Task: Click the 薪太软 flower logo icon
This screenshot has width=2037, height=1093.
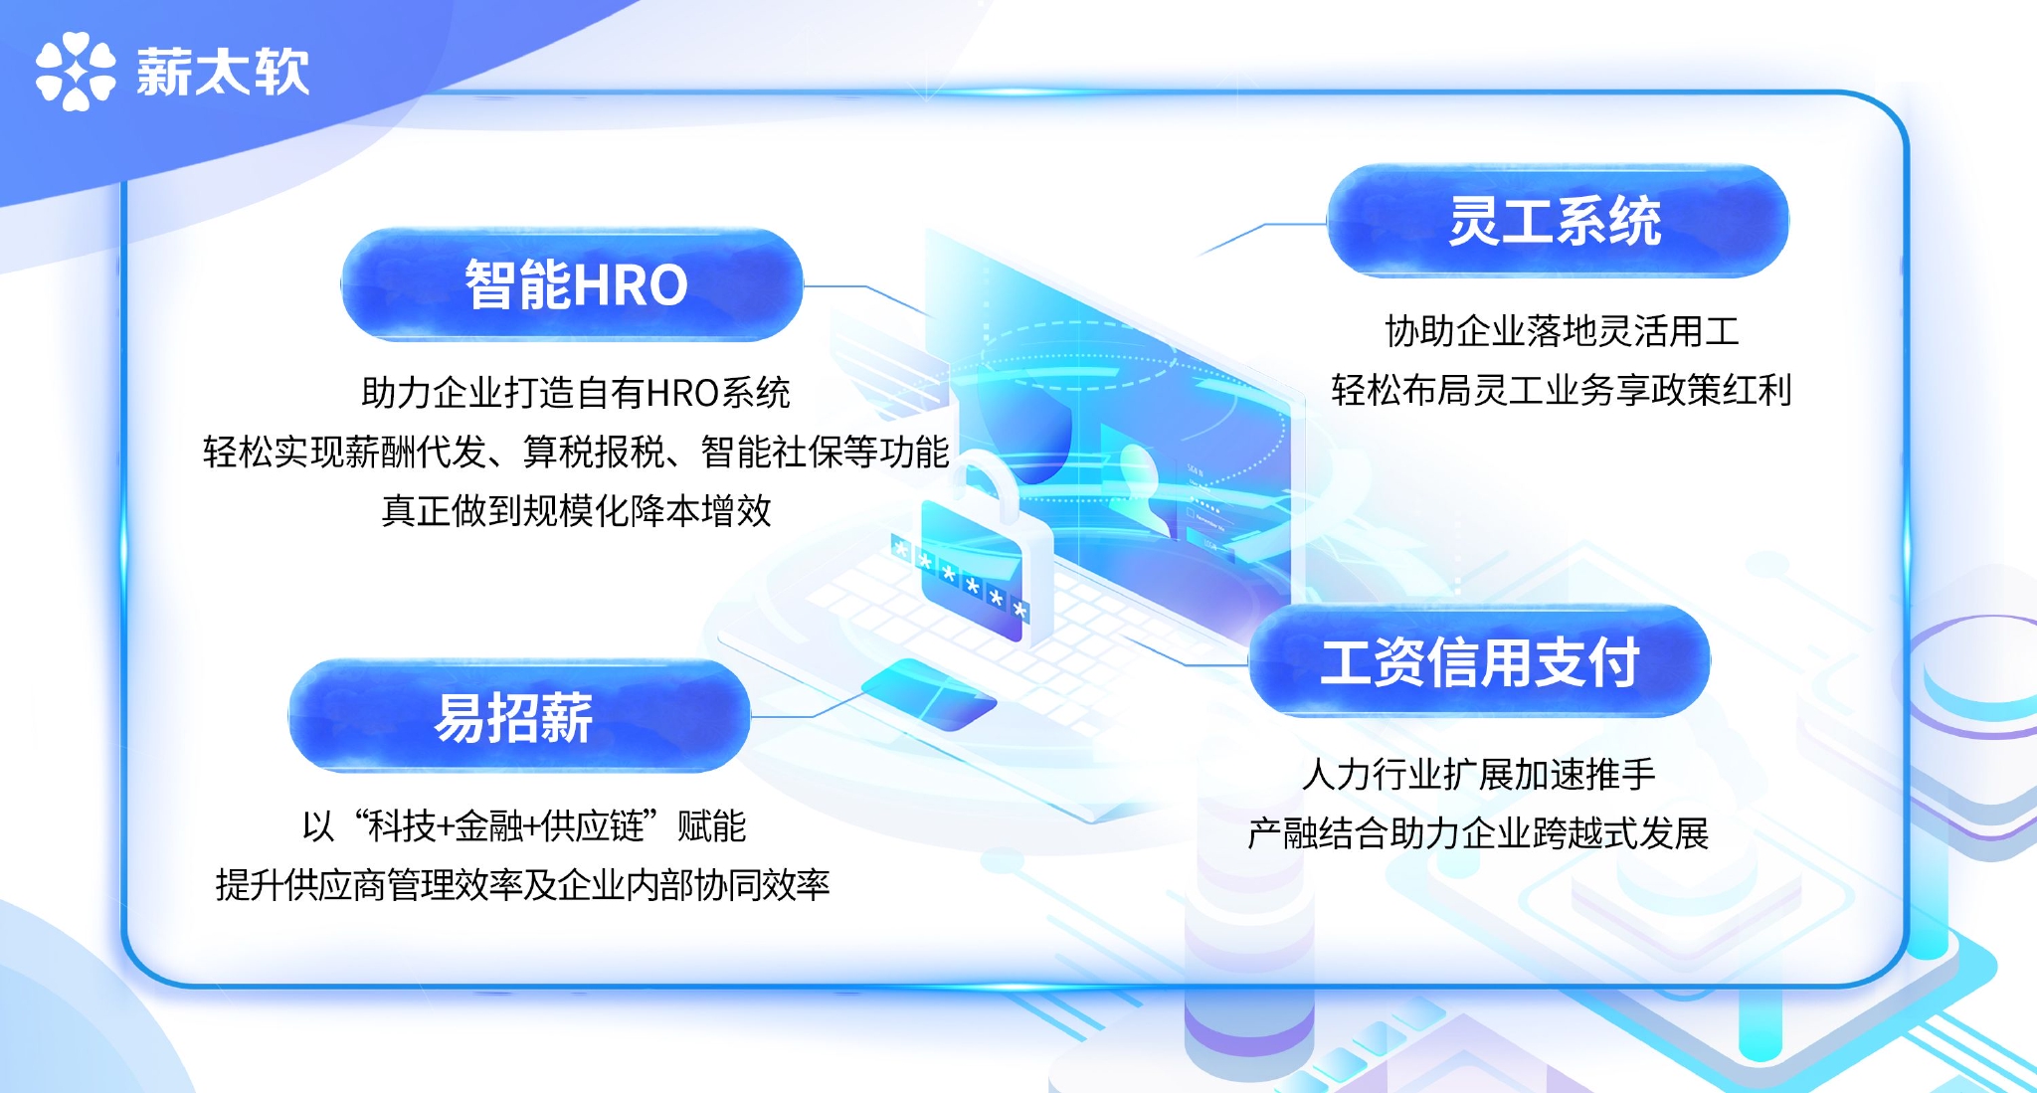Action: coord(76,72)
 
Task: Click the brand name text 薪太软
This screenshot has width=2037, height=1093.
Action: coord(223,72)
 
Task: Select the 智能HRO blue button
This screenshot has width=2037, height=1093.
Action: coord(572,284)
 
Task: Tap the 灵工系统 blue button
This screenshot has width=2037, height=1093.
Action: coord(1558,221)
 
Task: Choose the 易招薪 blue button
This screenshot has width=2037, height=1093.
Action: coord(519,716)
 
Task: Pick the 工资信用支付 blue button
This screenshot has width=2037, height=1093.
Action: coord(1479,661)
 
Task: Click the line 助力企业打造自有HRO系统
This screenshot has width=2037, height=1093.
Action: coord(576,393)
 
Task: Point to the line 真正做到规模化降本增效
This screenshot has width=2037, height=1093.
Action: coord(577,510)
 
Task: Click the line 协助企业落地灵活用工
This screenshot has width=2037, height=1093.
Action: coord(1562,331)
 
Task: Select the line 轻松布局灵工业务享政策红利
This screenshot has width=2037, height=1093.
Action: coord(1562,390)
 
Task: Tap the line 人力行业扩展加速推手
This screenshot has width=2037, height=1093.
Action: coord(1479,773)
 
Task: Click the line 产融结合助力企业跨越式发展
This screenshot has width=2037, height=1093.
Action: coord(1479,832)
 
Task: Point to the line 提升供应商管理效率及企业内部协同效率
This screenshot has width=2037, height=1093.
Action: coord(523,884)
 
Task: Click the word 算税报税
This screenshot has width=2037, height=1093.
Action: coord(594,452)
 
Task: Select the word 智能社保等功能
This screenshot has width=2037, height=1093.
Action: coord(825,452)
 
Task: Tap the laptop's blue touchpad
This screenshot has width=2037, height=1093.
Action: coord(928,694)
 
